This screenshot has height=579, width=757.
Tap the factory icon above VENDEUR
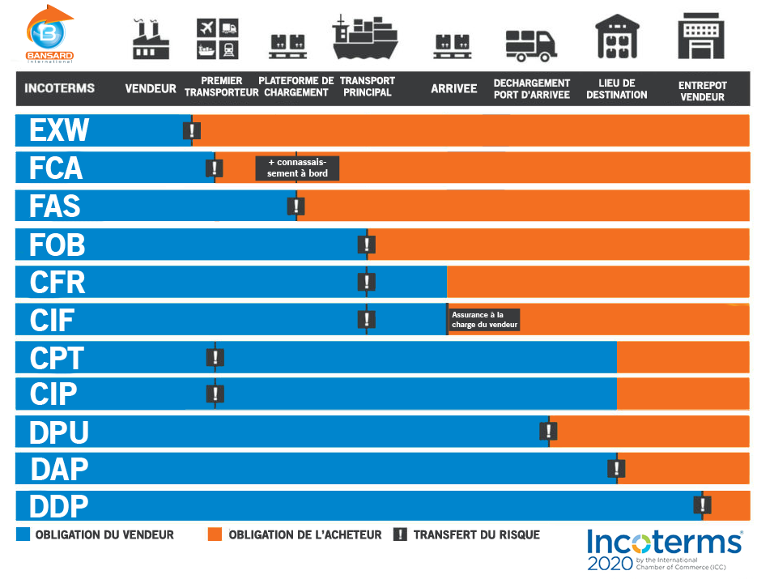pos(151,37)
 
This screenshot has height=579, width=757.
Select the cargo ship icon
pos(365,37)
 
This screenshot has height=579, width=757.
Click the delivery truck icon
pos(531,45)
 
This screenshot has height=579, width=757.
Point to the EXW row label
pos(58,130)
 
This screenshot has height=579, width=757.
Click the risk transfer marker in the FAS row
pos(296,206)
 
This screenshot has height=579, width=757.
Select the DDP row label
pos(58,507)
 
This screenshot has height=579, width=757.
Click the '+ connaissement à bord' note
pos(297,168)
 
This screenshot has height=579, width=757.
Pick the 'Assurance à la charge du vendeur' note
pos(483,320)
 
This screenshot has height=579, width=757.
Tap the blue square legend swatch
pos(23,534)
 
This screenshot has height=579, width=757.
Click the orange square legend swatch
pos(215,534)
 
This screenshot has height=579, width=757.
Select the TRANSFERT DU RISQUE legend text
pos(476,534)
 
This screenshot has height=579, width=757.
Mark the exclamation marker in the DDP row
pos(702,505)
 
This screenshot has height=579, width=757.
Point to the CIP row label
pos(53,394)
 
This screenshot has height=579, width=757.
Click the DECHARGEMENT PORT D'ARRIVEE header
pos(532,88)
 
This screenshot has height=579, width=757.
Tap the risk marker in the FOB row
pos(366,244)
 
